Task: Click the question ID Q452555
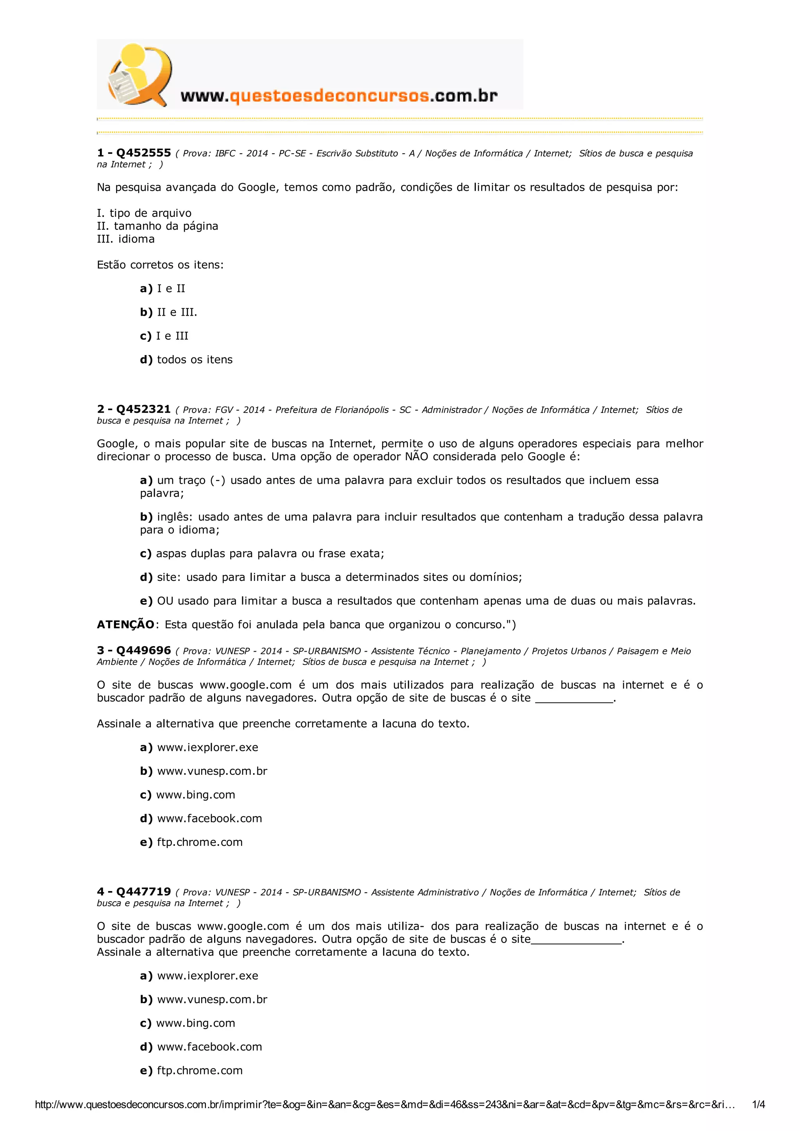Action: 143,153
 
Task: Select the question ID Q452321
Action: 143,409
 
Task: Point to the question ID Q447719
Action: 143,892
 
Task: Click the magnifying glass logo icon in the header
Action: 139,74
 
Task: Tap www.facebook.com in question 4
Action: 209,1047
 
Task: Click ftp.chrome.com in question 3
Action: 200,842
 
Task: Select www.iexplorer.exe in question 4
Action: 207,976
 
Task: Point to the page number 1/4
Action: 758,1104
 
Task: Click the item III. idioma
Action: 126,239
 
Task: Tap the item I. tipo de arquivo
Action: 144,213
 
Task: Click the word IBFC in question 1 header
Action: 225,154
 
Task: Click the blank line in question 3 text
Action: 574,699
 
